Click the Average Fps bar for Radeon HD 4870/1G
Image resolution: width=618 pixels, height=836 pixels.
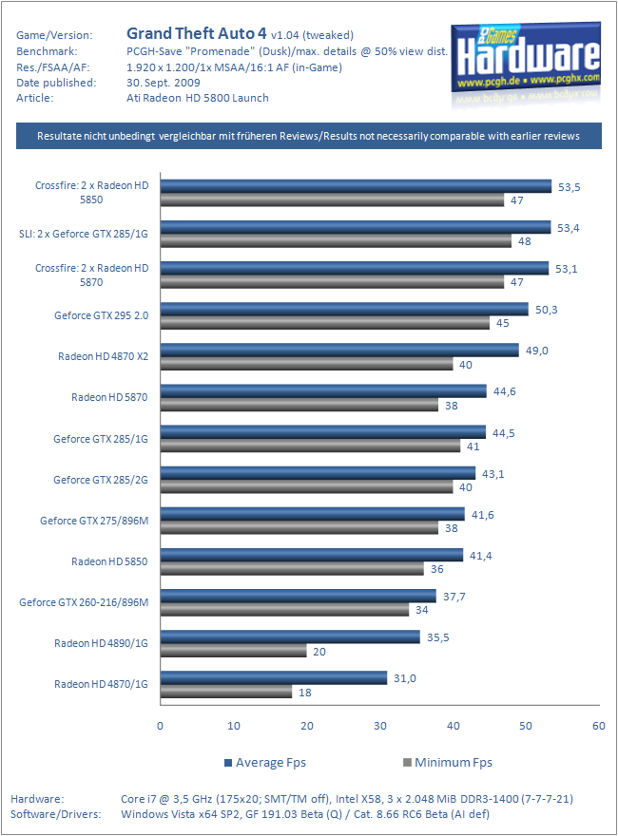click(x=274, y=677)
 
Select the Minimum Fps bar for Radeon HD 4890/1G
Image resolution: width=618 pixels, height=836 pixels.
click(x=233, y=651)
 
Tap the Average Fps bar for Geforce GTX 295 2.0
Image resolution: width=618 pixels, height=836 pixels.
click(x=344, y=309)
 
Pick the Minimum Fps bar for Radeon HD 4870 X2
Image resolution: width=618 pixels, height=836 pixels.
click(x=306, y=364)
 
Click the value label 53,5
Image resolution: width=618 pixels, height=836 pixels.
click(x=569, y=186)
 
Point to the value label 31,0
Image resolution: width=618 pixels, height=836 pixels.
click(x=404, y=676)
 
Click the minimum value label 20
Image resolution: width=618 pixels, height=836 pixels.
click(x=320, y=651)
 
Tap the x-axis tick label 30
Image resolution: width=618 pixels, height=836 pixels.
click(x=379, y=726)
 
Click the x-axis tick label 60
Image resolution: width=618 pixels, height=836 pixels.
click(x=598, y=726)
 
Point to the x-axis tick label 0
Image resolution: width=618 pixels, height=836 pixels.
click(x=160, y=726)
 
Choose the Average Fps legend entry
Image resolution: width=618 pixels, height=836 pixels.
click(x=265, y=762)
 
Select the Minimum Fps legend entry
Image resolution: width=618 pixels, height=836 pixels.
click(x=446, y=762)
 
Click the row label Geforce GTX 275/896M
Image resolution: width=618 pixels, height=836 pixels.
click(x=94, y=521)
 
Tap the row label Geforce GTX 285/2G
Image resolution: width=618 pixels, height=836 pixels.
click(x=101, y=480)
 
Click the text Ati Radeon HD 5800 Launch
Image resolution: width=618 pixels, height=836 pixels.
click(x=199, y=97)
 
